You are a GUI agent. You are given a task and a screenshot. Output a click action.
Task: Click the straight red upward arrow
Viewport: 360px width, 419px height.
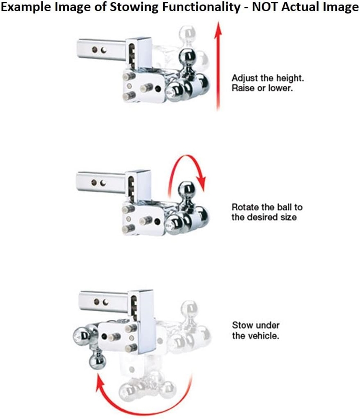click(x=219, y=66)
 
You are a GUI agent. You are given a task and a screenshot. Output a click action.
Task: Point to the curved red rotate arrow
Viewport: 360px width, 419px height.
click(x=187, y=156)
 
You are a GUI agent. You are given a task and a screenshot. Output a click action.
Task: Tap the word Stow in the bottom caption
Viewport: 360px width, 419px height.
click(x=242, y=326)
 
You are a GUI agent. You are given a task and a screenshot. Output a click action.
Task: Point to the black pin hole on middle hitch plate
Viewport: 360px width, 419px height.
click(x=157, y=221)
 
